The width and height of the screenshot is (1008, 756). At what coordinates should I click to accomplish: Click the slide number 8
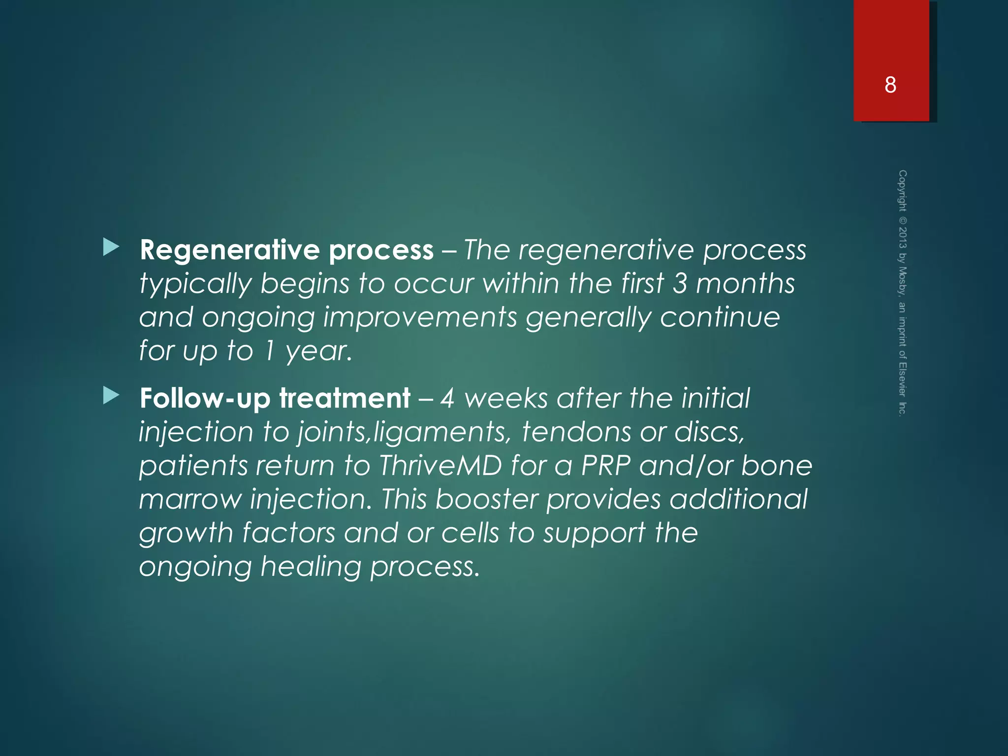[890, 85]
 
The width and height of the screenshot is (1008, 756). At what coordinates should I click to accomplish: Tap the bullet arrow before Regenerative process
[111, 248]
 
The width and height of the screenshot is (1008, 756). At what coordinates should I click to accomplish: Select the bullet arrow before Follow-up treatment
[111, 395]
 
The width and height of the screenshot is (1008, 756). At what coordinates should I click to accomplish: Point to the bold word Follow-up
[205, 398]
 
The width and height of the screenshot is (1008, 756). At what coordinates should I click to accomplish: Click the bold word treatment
[345, 398]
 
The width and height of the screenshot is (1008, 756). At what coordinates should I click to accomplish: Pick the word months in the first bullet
[745, 284]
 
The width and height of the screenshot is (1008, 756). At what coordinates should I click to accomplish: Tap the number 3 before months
[680, 284]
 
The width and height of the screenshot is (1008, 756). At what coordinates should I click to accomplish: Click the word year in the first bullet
[318, 351]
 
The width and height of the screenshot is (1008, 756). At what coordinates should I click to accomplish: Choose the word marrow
[190, 500]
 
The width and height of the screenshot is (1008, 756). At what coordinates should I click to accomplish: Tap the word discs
[709, 432]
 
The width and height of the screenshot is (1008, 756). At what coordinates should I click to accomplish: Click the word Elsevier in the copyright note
[902, 379]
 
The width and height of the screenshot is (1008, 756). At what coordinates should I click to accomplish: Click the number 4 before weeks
[447, 398]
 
